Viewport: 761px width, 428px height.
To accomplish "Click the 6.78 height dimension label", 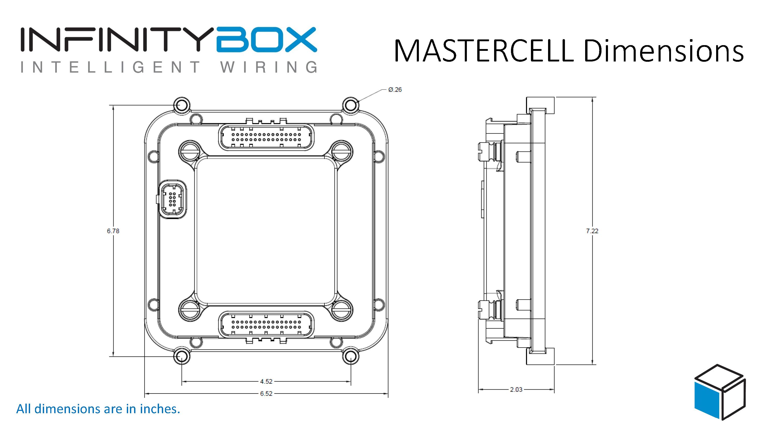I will (113, 231).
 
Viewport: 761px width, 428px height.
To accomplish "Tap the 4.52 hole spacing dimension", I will (266, 381).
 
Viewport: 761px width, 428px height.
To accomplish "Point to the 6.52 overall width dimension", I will (266, 394).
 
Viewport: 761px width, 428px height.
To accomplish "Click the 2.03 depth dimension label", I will (516, 390).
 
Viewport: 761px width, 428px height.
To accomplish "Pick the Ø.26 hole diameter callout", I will (395, 89).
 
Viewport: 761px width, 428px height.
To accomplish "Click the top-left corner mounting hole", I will (181, 105).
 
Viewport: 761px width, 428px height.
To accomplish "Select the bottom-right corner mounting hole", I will (350, 356).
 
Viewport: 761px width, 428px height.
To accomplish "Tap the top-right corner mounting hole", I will (350, 105).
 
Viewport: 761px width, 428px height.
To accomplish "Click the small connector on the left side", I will (172, 199).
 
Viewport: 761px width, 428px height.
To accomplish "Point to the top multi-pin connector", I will (266, 137).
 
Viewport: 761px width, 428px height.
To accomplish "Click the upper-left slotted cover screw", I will (190, 152).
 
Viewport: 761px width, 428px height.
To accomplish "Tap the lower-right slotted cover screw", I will (341, 309).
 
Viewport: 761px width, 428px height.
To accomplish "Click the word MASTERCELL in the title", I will (483, 51).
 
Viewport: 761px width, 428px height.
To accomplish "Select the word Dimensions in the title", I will (663, 51).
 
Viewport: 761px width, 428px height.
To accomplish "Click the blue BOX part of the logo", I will (266, 40).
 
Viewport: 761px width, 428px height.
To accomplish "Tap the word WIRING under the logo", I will (269, 67).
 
